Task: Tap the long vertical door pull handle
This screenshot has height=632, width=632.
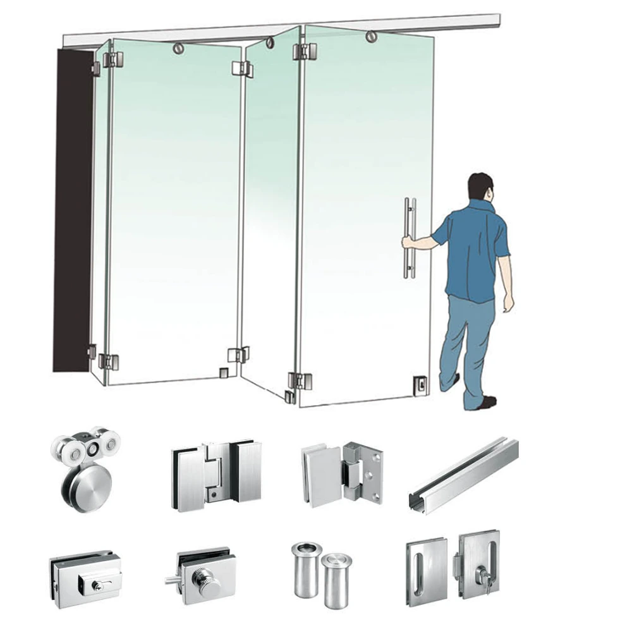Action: [410, 238]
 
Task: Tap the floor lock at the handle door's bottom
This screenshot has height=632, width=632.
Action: [419, 382]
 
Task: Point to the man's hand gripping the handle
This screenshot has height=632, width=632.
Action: [408, 241]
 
